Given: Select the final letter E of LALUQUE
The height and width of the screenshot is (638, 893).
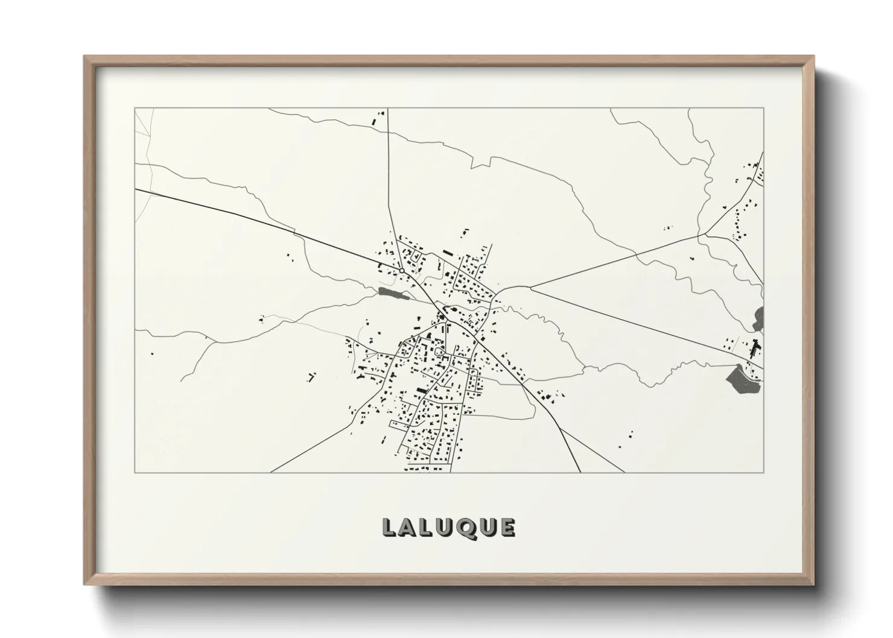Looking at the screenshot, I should point(507,528).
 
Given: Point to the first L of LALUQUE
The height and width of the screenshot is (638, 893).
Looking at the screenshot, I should point(389,528).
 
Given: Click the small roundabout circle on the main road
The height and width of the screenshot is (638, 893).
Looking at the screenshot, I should point(401,271).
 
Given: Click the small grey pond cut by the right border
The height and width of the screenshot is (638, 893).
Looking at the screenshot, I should point(758,318).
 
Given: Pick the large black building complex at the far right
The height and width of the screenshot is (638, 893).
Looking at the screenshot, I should point(754,349).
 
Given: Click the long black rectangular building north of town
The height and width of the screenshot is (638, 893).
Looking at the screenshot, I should point(447,253).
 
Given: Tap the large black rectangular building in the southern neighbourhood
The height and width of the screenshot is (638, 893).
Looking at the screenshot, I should point(421,391).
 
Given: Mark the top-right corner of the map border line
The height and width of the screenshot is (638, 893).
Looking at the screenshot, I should point(763,108).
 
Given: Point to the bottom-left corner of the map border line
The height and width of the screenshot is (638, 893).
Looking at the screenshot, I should point(135,472).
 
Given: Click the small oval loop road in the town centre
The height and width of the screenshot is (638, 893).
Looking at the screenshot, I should point(439,351).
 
